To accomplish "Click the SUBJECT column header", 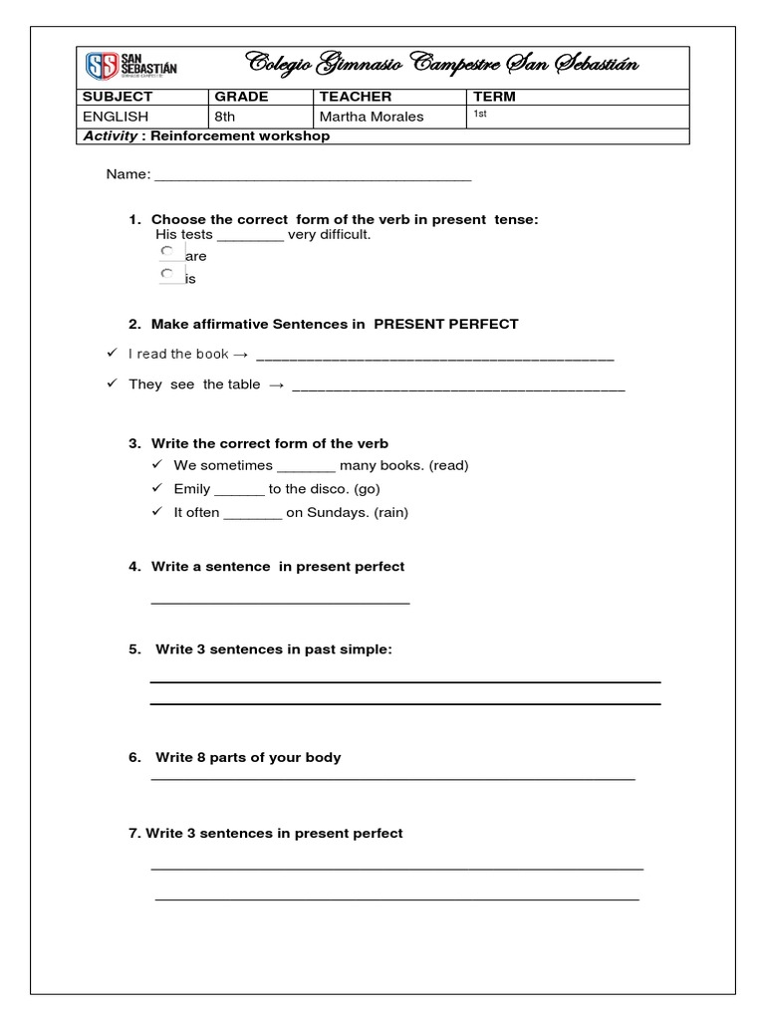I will pyautogui.click(x=118, y=97).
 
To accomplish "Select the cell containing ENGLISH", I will pyautogui.click(x=116, y=117).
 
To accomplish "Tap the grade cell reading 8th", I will pyautogui.click(x=228, y=117).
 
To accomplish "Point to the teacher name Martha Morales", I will pyautogui.click(x=371, y=117).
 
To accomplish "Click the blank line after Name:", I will pyautogui.click(x=313, y=177).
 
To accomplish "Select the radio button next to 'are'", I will pyautogui.click(x=167, y=252).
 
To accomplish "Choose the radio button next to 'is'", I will pyautogui.click(x=167, y=274).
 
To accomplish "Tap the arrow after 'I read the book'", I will pyautogui.click(x=240, y=354).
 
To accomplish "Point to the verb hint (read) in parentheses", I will pyautogui.click(x=448, y=465).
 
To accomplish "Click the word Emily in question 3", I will pyautogui.click(x=191, y=489).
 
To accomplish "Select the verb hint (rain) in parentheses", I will pyautogui.click(x=390, y=513).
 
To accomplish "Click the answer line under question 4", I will pyautogui.click(x=280, y=601).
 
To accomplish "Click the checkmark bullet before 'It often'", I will pyautogui.click(x=157, y=513).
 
